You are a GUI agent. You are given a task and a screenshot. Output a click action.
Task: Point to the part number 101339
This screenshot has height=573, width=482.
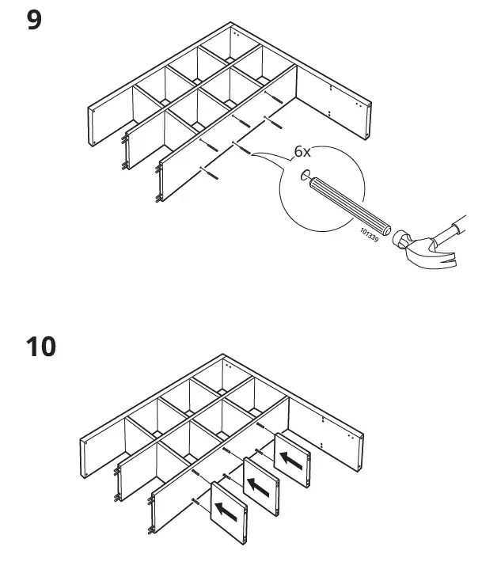click(369, 235)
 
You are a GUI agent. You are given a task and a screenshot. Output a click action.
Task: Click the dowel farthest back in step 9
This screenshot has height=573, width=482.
click(273, 98)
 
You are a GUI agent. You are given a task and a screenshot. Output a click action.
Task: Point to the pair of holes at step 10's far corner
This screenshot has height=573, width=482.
click(228, 366)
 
